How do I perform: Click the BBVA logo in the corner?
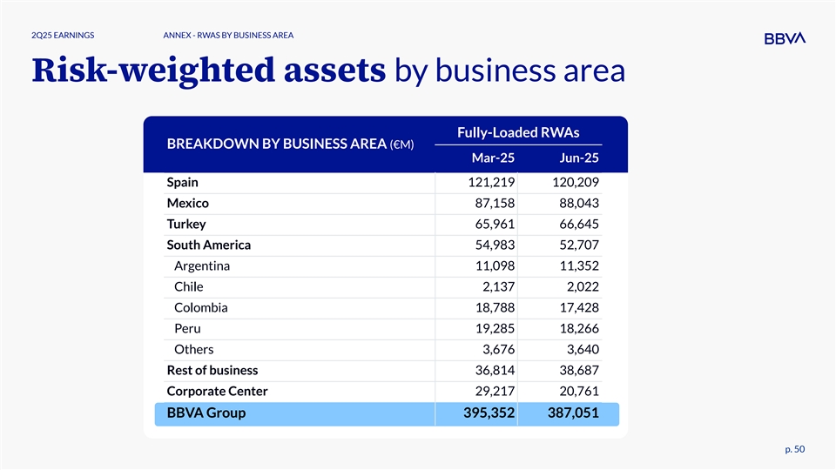click(x=785, y=38)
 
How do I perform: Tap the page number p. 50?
click(x=793, y=448)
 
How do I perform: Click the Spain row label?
click(x=183, y=183)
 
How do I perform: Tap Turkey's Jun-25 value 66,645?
click(x=576, y=225)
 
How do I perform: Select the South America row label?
click(x=209, y=245)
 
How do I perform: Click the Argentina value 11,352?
click(x=576, y=266)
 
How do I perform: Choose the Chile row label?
click(x=188, y=287)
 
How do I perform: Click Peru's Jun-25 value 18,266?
click(x=576, y=329)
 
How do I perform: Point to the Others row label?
click(x=193, y=350)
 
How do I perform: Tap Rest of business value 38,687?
click(x=576, y=371)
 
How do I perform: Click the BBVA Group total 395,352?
click(x=482, y=413)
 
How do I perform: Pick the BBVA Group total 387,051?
click(x=569, y=413)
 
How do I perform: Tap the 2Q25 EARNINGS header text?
click(x=63, y=36)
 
